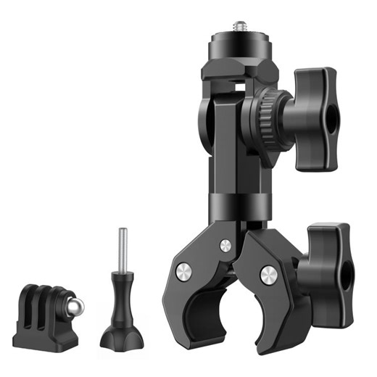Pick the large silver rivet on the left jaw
click(x=184, y=272)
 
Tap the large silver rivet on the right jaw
click(x=268, y=275)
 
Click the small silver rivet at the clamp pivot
click(x=225, y=245)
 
